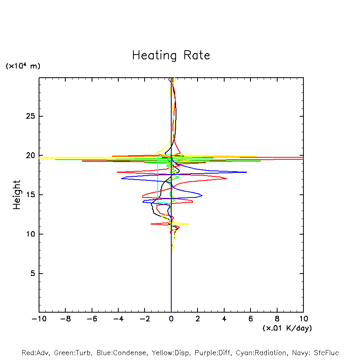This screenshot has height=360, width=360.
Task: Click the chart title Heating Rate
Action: (171, 55)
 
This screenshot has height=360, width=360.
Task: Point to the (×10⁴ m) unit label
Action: (23, 66)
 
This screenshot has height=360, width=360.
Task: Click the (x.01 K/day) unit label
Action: (287, 328)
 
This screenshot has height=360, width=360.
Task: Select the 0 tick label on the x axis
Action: (171, 319)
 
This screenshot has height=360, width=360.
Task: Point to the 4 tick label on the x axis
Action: (224, 319)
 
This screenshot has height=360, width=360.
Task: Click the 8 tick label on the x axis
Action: (277, 319)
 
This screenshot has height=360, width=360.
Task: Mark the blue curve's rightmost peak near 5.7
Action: (246, 172)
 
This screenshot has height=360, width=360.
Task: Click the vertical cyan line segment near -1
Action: (158, 179)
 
